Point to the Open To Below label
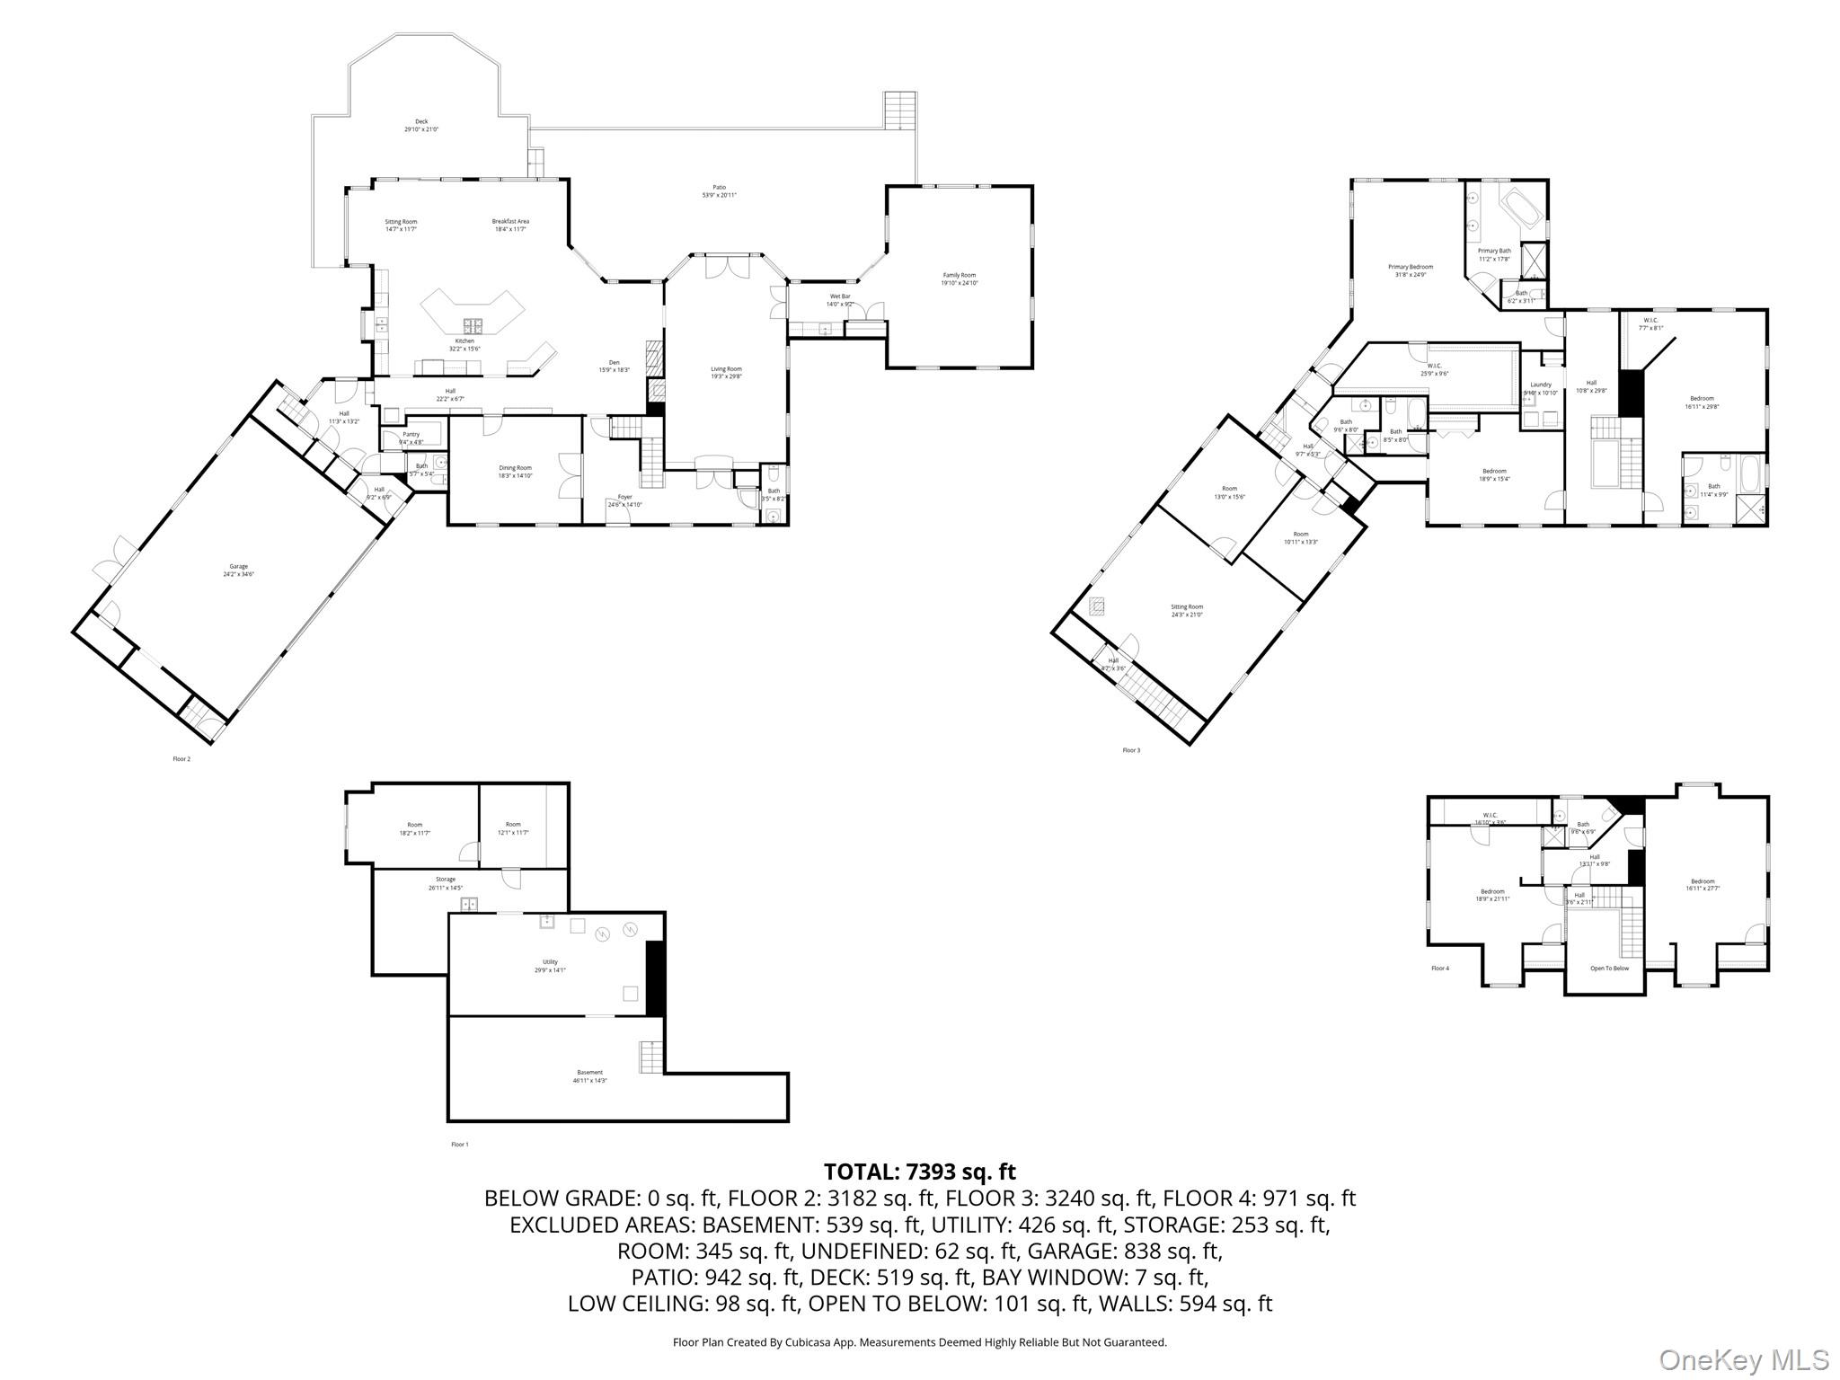tap(1609, 969)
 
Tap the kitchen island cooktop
tap(473, 325)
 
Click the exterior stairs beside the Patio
tap(899, 110)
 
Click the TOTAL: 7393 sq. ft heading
tap(919, 1172)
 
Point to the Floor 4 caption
tap(1439, 969)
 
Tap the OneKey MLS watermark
tap(1743, 1359)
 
